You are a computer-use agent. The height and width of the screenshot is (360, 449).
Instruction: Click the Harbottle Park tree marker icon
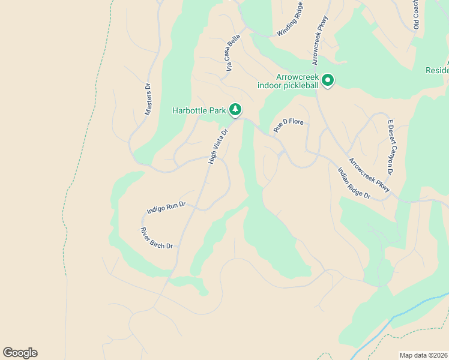tap(237, 110)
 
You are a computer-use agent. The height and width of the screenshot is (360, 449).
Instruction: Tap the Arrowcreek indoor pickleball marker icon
tap(328, 80)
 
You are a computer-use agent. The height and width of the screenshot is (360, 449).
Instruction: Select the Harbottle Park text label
tap(199, 110)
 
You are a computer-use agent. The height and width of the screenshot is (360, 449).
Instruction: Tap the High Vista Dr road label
tap(218, 146)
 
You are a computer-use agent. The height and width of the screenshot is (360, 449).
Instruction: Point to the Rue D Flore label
tap(289, 124)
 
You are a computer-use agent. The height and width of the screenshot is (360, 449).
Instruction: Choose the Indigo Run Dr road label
tap(167, 208)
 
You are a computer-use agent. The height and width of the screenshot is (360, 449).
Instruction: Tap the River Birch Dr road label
tap(157, 238)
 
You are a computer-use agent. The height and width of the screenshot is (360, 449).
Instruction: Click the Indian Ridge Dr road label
tap(354, 183)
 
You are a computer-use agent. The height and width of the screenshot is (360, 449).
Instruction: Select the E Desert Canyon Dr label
tap(390, 147)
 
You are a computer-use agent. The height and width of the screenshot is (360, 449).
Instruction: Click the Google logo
tap(20, 353)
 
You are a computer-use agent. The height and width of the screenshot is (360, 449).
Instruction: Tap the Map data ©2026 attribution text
tap(423, 355)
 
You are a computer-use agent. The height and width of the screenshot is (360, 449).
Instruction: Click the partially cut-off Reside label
tap(437, 70)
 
